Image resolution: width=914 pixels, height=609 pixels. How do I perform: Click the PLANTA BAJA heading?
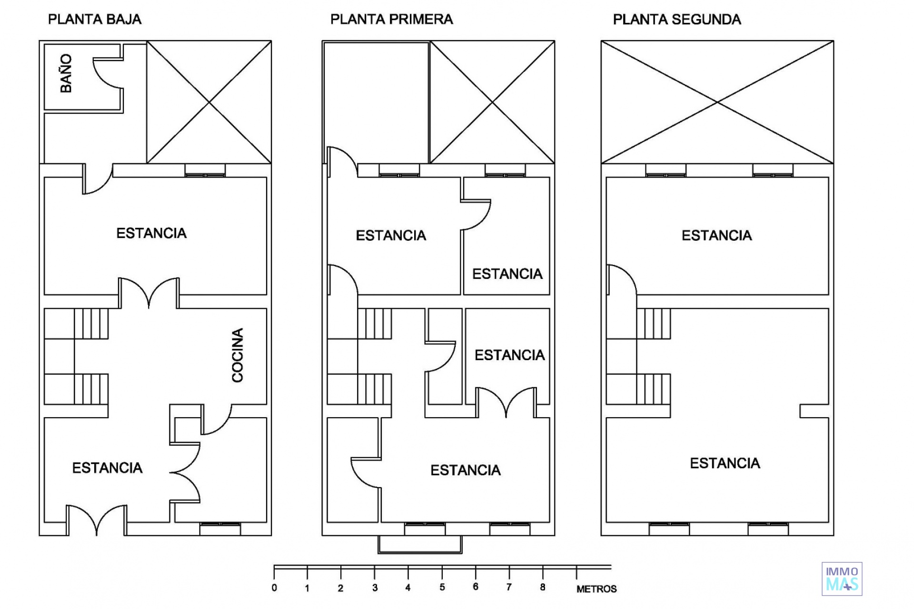[95, 20]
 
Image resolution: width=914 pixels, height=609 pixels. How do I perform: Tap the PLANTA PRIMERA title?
[391, 20]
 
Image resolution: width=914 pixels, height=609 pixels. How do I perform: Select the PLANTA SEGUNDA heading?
[676, 20]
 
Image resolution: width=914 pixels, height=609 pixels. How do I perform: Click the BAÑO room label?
[66, 73]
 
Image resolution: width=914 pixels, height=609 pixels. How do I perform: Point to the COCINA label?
[238, 355]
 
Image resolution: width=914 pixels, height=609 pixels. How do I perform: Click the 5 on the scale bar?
[442, 588]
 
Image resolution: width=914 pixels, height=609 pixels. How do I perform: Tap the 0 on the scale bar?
[274, 588]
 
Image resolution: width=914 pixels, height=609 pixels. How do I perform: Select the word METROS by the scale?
[596, 589]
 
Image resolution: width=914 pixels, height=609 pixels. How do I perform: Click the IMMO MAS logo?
[842, 579]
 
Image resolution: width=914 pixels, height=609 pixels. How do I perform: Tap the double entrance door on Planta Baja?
[97, 521]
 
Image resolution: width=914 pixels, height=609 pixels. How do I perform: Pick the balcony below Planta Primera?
[419, 545]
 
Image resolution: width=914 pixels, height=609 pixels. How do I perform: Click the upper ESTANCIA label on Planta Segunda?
[716, 236]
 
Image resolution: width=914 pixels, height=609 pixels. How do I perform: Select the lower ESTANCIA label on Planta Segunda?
[725, 463]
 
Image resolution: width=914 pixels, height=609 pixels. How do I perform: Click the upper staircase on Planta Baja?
[91, 324]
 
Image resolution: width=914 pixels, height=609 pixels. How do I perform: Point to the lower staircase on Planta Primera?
[374, 389]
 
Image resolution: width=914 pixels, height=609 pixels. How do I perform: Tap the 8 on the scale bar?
[543, 588]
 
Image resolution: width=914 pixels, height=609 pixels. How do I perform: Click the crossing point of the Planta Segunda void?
[717, 102]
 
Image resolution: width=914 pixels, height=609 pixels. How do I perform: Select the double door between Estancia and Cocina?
[149, 292]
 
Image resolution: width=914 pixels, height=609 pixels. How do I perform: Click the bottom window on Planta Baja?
[220, 529]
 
